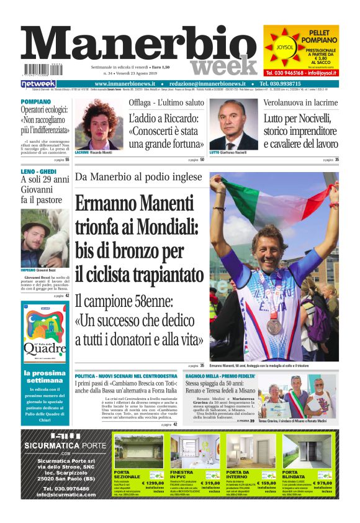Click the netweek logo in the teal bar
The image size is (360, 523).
[38, 84]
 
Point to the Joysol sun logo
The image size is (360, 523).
[285, 47]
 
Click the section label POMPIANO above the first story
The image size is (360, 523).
[36, 101]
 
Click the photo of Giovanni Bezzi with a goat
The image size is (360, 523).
[45, 238]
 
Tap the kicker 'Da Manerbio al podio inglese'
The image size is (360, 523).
[138, 177]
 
